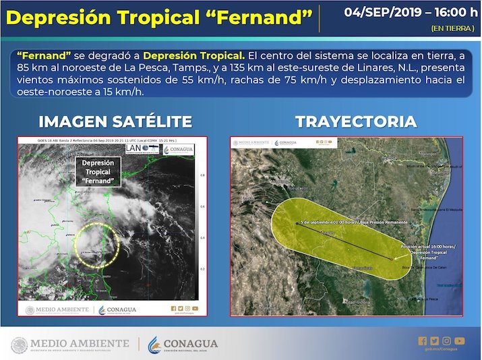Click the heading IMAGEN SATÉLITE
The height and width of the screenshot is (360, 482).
pyautogui.click(x=115, y=121)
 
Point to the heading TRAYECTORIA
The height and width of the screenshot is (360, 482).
pyautogui.click(x=355, y=121)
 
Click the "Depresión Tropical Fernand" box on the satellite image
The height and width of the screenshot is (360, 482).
pyautogui.click(x=98, y=172)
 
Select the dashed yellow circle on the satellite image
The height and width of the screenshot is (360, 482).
pyautogui.click(x=96, y=244)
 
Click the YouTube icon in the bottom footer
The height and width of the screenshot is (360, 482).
pyautogui.click(x=459, y=340)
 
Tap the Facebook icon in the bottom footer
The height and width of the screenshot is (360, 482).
pyautogui.click(x=423, y=340)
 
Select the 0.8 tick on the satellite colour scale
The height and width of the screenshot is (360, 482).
pyautogui.click(x=203, y=175)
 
